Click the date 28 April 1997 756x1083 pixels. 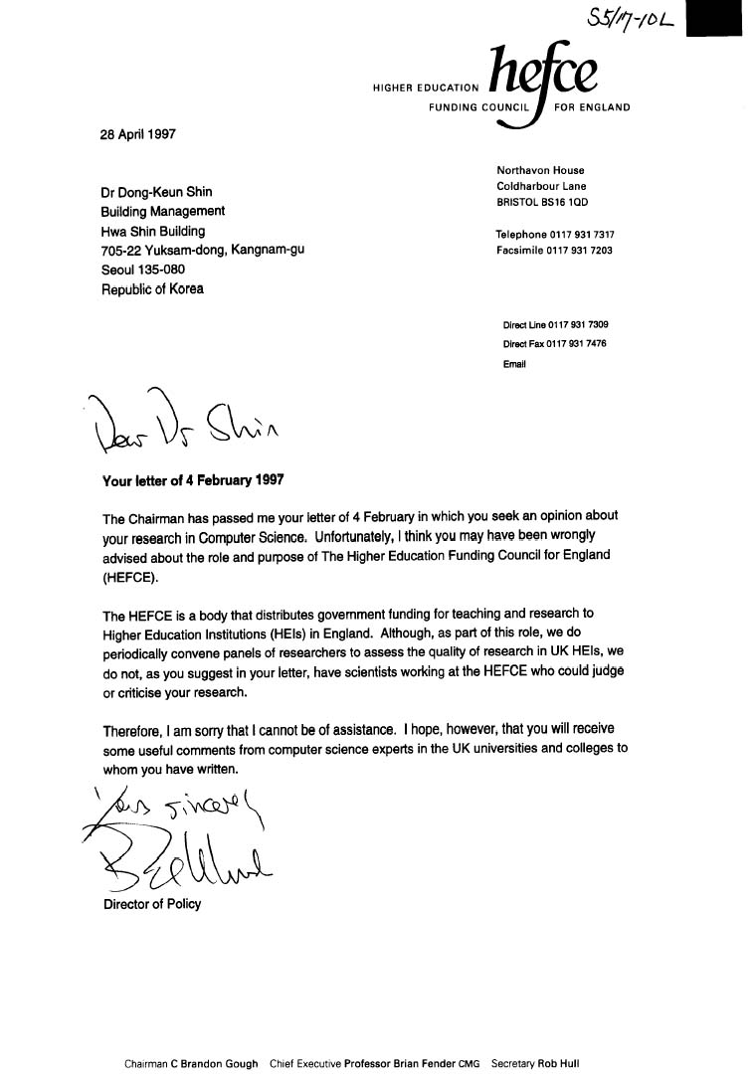(x=139, y=135)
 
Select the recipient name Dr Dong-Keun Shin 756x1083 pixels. (x=157, y=192)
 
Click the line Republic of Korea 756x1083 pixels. (x=152, y=288)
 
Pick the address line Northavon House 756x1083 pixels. (x=540, y=170)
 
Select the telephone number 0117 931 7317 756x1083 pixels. (x=580, y=235)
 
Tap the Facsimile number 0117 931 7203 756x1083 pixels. (x=579, y=251)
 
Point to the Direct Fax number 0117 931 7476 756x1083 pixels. (x=577, y=344)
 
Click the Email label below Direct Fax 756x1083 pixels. (x=514, y=364)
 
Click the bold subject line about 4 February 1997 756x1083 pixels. (x=193, y=479)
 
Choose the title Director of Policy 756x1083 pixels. (x=151, y=904)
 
